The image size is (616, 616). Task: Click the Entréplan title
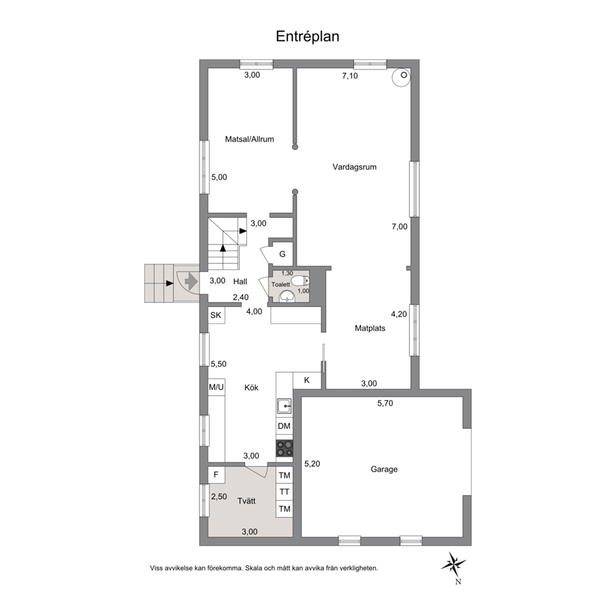(x=307, y=37)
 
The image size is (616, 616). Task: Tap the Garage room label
(x=384, y=469)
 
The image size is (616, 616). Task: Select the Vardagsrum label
(x=355, y=167)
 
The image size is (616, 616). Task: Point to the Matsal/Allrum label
(x=250, y=139)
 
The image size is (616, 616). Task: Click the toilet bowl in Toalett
(x=302, y=281)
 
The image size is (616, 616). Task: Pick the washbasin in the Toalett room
(x=288, y=297)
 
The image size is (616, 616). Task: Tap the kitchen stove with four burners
(x=284, y=448)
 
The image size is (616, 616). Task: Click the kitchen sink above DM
(x=284, y=405)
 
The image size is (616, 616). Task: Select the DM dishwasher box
(x=284, y=426)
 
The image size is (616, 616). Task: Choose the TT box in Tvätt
(x=284, y=492)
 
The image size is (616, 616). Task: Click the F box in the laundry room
(x=216, y=475)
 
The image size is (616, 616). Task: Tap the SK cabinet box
(x=216, y=315)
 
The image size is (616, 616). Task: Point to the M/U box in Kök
(x=216, y=387)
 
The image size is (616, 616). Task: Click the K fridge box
(x=307, y=380)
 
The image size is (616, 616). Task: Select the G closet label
(x=282, y=254)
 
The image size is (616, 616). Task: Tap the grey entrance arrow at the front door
(x=191, y=282)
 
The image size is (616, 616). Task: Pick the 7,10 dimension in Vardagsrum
(x=350, y=76)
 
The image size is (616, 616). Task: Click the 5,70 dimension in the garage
(x=385, y=403)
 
